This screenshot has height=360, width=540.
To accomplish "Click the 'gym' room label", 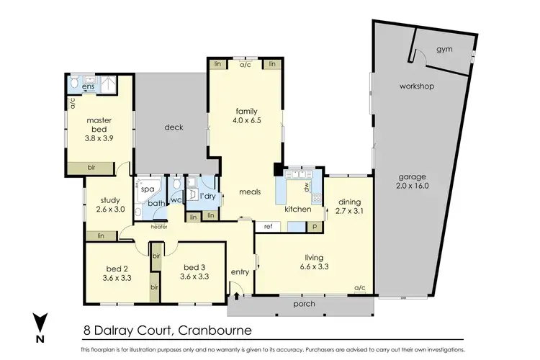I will click(444, 50).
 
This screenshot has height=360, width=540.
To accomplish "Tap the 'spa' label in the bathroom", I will click(147, 189).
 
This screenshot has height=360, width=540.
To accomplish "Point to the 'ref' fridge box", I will click(269, 226).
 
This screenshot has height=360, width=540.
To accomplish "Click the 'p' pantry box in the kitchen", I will click(315, 226).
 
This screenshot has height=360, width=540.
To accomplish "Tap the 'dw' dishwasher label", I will click(306, 185).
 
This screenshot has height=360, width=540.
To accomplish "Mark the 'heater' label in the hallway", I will click(159, 227).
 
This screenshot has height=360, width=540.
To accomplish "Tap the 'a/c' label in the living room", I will click(359, 288).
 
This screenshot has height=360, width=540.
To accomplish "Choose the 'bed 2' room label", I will click(117, 266).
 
